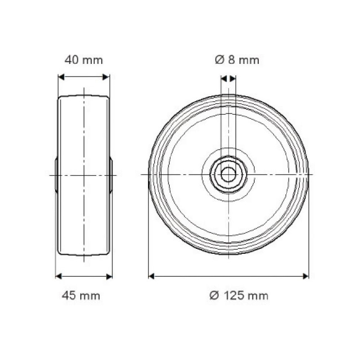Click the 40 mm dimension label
[84, 60]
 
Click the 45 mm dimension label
[81, 296]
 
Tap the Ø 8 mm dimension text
[237, 60]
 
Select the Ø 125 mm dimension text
[239, 296]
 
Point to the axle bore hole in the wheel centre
[229, 175]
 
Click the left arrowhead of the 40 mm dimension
[61, 77]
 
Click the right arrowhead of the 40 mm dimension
[106, 77]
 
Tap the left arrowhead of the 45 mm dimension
[58, 276]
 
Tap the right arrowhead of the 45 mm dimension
[109, 276]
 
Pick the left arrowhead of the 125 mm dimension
[151, 276]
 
